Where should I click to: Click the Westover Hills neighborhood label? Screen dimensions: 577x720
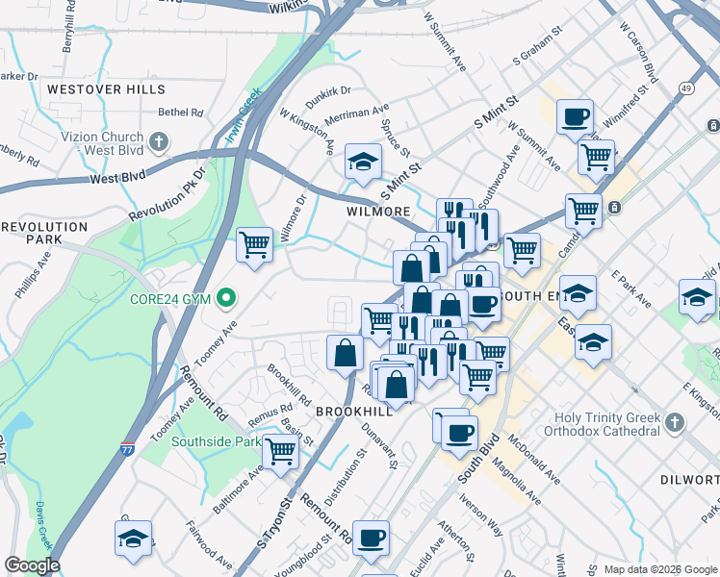[92, 88]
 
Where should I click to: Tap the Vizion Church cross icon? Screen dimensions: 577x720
[159, 143]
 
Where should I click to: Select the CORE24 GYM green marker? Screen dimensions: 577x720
[225, 298]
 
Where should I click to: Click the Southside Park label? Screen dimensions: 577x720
[217, 442]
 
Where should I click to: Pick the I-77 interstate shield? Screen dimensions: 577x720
[128, 448]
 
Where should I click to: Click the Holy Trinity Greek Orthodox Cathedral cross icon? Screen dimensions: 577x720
[675, 421]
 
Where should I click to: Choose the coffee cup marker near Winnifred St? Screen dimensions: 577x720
[575, 117]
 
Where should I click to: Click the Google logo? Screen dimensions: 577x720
[32, 565]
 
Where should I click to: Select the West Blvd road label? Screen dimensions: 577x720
[117, 178]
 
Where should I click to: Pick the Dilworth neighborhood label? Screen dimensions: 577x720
[689, 479]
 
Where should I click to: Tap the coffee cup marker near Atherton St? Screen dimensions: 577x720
[371, 538]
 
